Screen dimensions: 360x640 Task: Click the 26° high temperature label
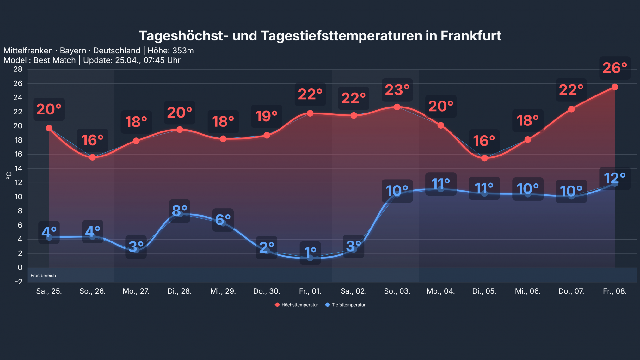(x=614, y=68)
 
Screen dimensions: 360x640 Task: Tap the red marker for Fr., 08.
(x=614, y=87)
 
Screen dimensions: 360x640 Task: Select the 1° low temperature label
(x=310, y=253)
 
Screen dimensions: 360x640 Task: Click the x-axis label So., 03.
(x=397, y=291)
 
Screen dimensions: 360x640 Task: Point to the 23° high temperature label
(x=397, y=90)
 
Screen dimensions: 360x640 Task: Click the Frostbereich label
(x=43, y=276)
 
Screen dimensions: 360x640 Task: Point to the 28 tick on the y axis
(x=18, y=69)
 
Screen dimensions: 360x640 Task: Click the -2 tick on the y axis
(x=18, y=282)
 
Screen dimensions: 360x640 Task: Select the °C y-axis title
(x=9, y=176)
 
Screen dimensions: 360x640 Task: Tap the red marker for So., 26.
(x=92, y=157)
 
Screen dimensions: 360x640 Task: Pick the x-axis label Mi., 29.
(x=223, y=291)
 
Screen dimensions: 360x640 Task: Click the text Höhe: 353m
(x=170, y=51)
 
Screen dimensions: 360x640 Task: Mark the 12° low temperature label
(x=614, y=178)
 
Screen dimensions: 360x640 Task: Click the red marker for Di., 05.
(x=484, y=158)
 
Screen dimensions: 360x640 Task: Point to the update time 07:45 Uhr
(x=162, y=60)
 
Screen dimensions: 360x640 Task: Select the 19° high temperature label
(x=266, y=116)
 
